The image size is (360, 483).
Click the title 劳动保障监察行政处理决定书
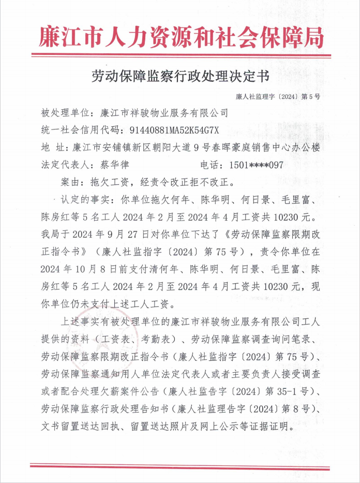click(180, 77)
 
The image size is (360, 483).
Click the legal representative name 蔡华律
click(112, 165)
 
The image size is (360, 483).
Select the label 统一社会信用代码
click(78, 129)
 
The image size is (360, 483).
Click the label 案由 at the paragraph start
click(69, 182)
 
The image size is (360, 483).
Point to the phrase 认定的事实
click(86, 200)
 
